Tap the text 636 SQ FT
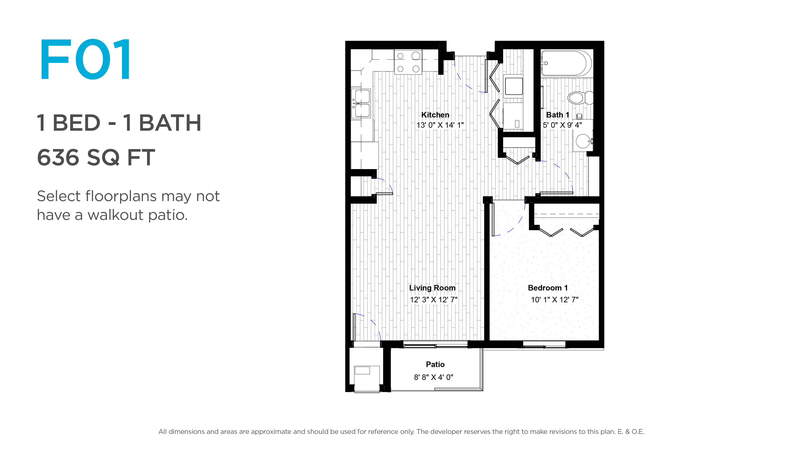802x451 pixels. pos(96,157)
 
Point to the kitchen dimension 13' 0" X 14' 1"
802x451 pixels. pos(440,125)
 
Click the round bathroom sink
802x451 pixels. pos(583,141)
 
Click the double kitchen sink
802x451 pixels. pos(361,103)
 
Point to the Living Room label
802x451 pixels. pos(432,288)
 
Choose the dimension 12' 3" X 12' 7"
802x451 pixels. pos(433,300)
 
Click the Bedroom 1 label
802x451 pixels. pos(548,288)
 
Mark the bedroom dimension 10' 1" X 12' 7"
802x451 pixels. pos(555,300)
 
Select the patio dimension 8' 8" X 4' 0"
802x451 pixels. pos(433,377)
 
